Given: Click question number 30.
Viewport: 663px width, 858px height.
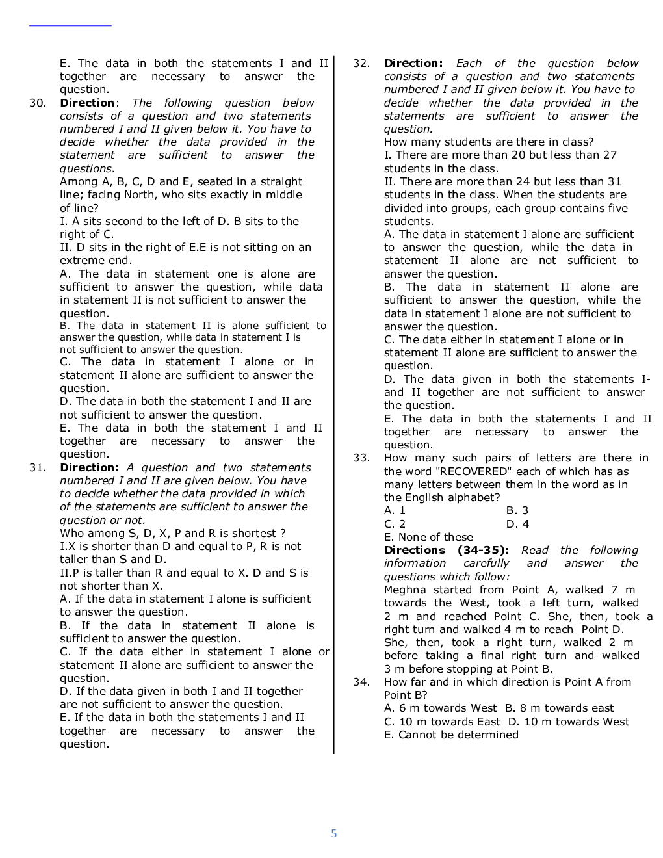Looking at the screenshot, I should pyautogui.click(x=37, y=103).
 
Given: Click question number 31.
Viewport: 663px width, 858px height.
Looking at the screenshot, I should pyautogui.click(x=37, y=467).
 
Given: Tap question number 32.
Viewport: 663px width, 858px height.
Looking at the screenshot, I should pyautogui.click(x=361, y=63).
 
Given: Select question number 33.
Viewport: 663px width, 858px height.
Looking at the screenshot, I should pyautogui.click(x=361, y=458).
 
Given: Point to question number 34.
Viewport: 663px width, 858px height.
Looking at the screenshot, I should pyautogui.click(x=361, y=682).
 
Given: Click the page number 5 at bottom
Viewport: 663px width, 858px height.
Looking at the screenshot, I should pyautogui.click(x=334, y=833).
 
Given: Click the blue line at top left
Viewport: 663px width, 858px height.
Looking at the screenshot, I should pyautogui.click(x=70, y=26).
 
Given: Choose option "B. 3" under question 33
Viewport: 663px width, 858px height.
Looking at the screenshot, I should pyautogui.click(x=517, y=511).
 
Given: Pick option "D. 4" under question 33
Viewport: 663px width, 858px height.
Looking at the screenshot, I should pyautogui.click(x=517, y=524).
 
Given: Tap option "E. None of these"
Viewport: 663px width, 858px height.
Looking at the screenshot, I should pyautogui.click(x=428, y=537).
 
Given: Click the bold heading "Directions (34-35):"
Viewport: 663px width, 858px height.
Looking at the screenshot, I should pyautogui.click(x=447, y=550).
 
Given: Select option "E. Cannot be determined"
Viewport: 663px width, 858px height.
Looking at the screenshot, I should pyautogui.click(x=451, y=734).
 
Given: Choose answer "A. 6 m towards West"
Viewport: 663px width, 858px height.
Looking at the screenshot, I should pyautogui.click(x=440, y=708).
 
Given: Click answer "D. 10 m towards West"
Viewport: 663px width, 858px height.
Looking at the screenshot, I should pyautogui.click(x=569, y=721).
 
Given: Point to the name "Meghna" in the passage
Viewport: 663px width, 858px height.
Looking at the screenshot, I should pyautogui.click(x=405, y=590).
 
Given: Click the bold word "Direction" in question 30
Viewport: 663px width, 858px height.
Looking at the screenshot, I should pyautogui.click(x=87, y=103).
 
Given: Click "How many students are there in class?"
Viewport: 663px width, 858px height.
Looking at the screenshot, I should pyautogui.click(x=488, y=142).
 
